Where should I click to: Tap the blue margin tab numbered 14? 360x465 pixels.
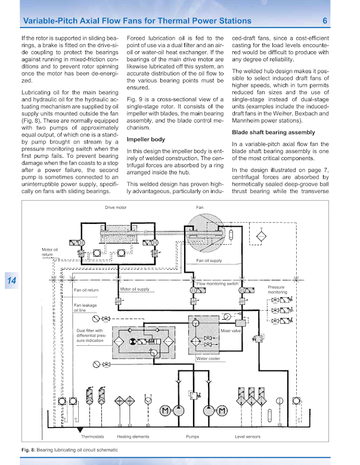coord(11,281)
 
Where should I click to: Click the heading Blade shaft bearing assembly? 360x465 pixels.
coord(275,132)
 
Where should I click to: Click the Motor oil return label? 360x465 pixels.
coord(50,252)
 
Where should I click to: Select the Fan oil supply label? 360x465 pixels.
coord(209,260)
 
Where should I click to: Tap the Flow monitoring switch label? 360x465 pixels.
coord(217,284)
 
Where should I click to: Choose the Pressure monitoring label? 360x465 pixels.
coord(277,290)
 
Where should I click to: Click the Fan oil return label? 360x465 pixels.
coord(86,291)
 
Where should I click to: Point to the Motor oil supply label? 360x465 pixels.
coord(135,289)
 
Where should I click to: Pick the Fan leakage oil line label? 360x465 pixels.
coord(85,308)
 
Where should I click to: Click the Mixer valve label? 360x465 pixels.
coord(230,330)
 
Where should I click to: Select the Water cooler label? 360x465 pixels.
coord(208,359)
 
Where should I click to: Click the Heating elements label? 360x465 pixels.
coord(132,436)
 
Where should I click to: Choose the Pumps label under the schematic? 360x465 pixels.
coord(193,436)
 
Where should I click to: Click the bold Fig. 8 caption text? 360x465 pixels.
coord(27,449)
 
